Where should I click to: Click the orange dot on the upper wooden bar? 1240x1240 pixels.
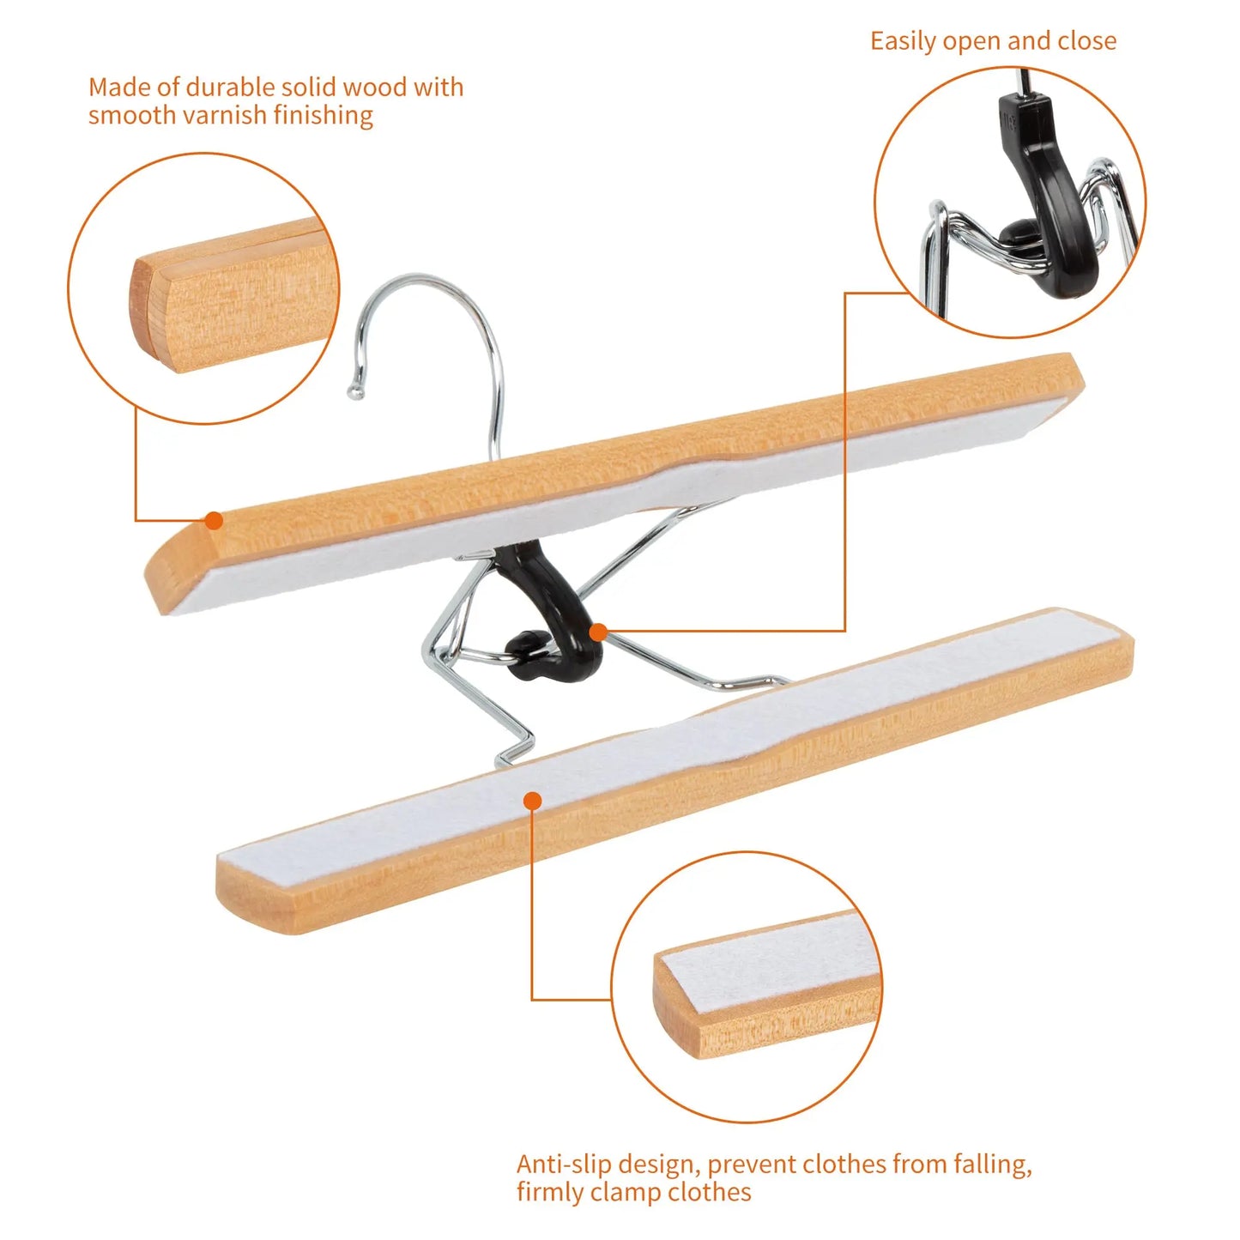click(x=214, y=520)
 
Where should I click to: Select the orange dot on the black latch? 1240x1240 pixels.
click(x=598, y=632)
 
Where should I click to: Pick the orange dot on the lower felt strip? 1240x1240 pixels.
click(x=532, y=801)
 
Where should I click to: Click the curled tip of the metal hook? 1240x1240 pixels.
click(x=354, y=392)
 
